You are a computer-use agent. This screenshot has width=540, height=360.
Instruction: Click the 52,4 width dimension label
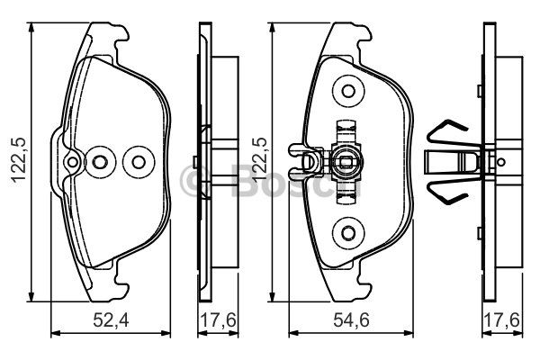click(x=111, y=320)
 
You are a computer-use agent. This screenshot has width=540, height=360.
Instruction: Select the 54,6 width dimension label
click(x=351, y=320)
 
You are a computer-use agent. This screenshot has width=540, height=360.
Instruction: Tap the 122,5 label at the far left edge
click(x=18, y=159)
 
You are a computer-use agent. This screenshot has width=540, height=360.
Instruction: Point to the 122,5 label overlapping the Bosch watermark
click(x=259, y=159)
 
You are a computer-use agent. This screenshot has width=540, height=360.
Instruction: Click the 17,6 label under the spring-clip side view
click(x=502, y=320)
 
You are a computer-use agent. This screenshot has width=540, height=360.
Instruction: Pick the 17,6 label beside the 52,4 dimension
click(x=219, y=320)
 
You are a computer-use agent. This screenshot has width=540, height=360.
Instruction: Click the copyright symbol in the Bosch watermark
click(x=193, y=181)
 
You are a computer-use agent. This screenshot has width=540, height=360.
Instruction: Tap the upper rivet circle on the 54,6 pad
click(x=348, y=91)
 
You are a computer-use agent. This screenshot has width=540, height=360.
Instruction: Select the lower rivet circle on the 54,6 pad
click(x=348, y=233)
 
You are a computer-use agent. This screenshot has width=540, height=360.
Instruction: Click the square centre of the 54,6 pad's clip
click(x=345, y=162)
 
